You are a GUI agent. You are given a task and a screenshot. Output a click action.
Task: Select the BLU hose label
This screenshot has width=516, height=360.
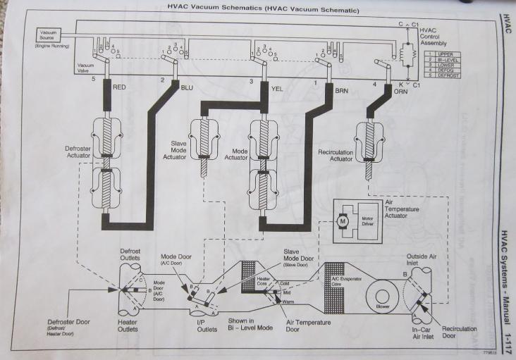pos(186,87)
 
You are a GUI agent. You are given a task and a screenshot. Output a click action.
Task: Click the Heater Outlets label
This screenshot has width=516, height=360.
pos(133,324)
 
